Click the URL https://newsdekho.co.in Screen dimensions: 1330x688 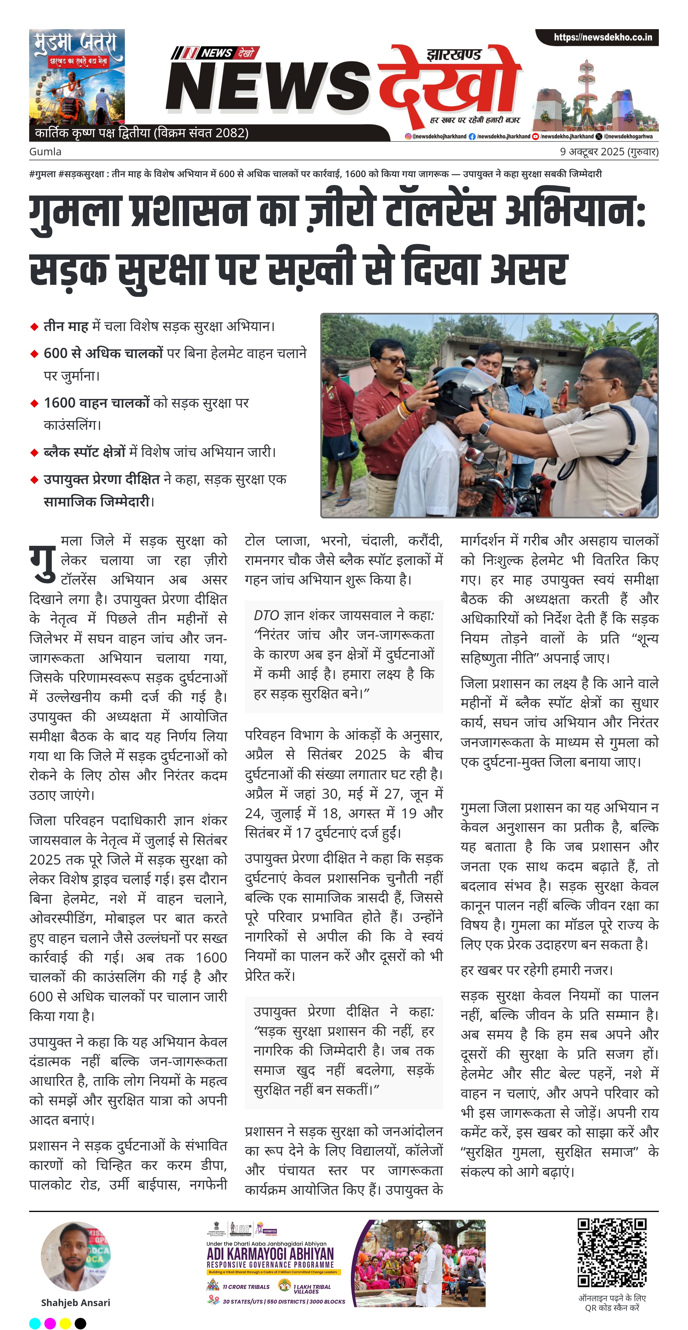click(x=602, y=37)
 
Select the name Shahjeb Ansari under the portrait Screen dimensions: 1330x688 click(x=76, y=1303)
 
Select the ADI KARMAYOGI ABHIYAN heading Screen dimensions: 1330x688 click(x=270, y=1254)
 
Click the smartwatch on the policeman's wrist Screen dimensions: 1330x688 click(x=485, y=428)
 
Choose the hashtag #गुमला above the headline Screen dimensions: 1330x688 click(x=42, y=174)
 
